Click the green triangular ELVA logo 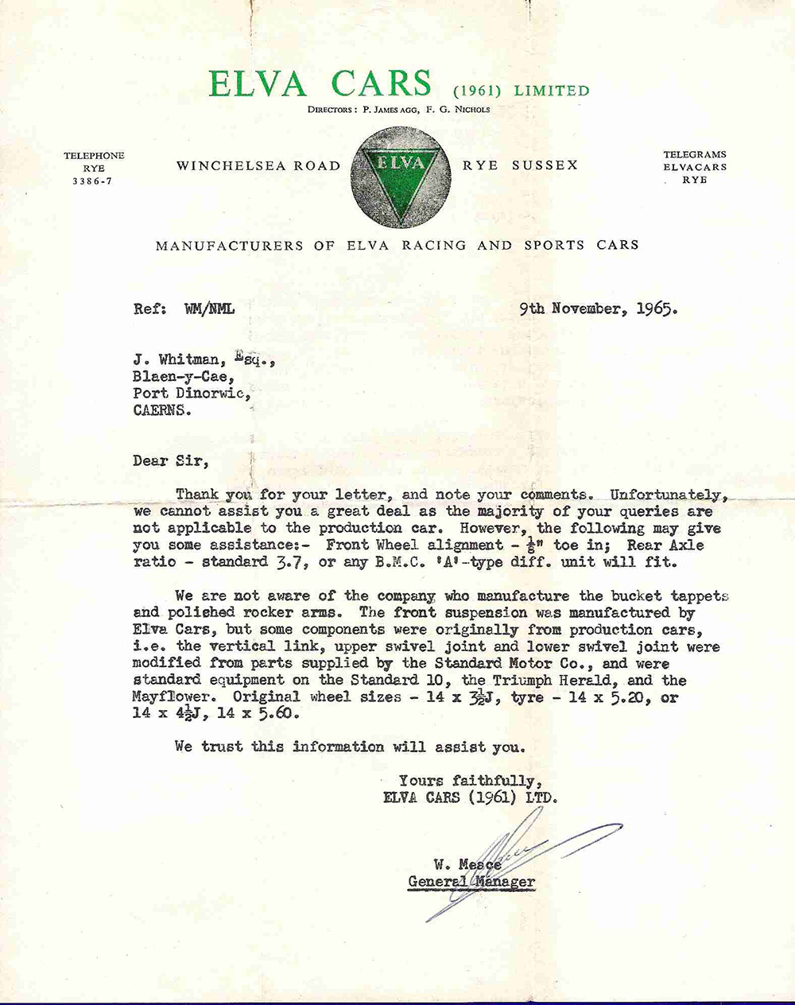click(401, 178)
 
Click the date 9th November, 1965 click(599, 308)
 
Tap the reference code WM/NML click(209, 309)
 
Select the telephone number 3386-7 click(94, 181)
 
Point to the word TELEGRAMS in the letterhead click(695, 155)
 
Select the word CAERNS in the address click(162, 411)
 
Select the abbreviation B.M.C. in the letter click(373, 561)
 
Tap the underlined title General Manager click(471, 881)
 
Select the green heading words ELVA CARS click(320, 84)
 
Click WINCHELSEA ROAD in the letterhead click(258, 166)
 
